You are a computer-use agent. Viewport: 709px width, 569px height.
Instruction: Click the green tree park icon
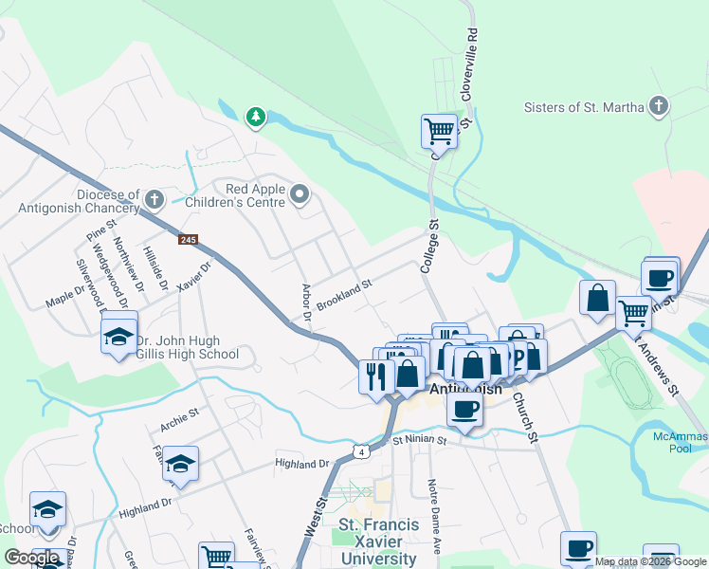point(255,117)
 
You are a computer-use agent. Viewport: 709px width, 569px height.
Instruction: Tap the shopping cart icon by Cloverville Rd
point(439,131)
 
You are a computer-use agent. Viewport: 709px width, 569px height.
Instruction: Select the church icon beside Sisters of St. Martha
point(659,106)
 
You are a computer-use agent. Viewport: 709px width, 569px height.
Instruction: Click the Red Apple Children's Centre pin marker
point(300,195)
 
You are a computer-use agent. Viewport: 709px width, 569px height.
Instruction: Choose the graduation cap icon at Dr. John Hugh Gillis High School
point(119,336)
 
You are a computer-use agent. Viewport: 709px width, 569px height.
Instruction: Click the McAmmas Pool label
point(681,442)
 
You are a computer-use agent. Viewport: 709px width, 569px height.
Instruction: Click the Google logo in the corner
point(31,558)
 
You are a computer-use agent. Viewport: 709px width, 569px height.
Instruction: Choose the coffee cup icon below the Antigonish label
point(464,409)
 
